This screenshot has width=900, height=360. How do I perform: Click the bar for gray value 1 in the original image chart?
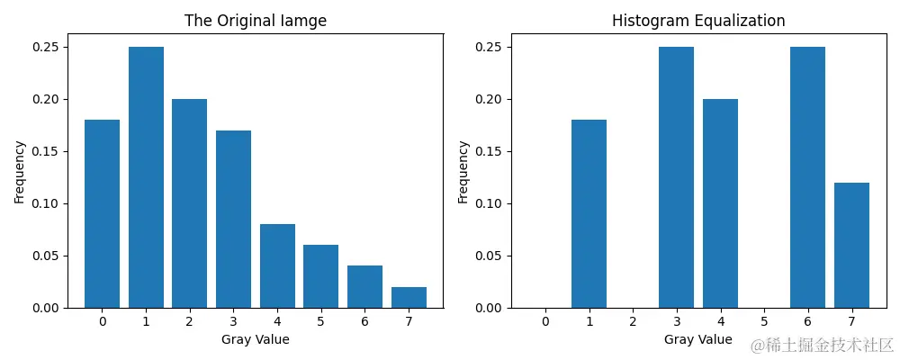click(146, 177)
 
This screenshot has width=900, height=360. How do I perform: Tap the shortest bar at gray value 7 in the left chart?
click(409, 297)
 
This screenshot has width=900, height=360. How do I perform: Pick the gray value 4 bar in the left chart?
click(277, 265)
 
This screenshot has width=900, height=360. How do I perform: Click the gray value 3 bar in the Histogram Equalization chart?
click(676, 177)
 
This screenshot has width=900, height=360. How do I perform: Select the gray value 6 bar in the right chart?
click(807, 177)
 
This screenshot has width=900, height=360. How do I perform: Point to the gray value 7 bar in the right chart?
click(851, 245)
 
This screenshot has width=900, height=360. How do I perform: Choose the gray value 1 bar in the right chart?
click(589, 213)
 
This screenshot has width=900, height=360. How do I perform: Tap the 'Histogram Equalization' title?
click(698, 20)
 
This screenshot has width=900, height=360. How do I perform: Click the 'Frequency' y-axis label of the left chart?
click(19, 171)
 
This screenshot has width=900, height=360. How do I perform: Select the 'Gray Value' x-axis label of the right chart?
click(698, 339)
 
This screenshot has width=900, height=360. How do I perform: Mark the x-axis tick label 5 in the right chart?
click(764, 321)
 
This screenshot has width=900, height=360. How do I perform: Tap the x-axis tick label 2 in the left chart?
click(189, 321)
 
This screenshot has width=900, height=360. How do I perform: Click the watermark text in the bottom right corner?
click(822, 345)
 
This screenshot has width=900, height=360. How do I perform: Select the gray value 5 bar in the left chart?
click(320, 276)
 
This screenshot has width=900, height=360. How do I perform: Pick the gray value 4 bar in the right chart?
click(720, 203)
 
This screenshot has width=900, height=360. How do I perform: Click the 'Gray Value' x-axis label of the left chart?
click(255, 339)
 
